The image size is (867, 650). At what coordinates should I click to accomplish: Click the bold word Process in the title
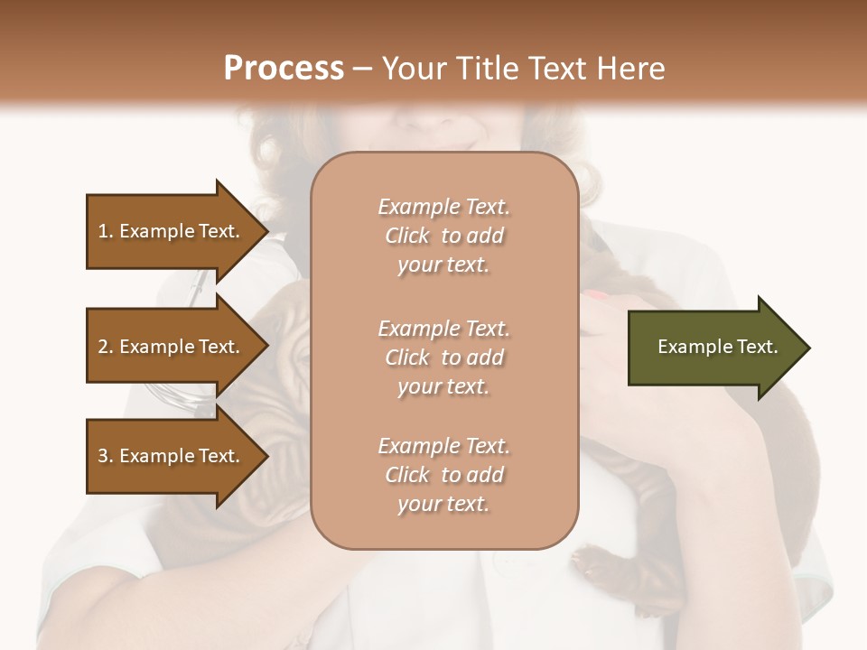pos(284,69)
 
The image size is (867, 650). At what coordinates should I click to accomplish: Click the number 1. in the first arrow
pos(106,231)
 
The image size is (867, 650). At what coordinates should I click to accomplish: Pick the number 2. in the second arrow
pos(106,347)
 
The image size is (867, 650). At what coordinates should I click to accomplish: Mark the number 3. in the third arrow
pos(106,456)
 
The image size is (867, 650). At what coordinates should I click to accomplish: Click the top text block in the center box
pos(443,236)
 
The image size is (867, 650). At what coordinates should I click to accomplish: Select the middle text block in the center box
pos(443,357)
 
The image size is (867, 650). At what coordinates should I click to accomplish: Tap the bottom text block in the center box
pos(443,475)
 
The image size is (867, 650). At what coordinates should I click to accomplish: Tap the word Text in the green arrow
pos(759,347)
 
